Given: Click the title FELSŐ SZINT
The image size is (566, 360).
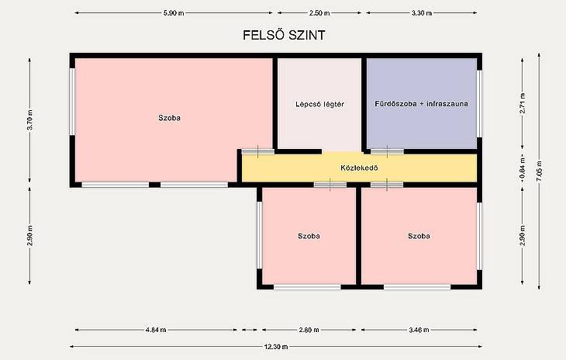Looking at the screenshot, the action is [x=284, y=35].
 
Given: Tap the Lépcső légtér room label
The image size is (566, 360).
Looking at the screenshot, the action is [x=319, y=104].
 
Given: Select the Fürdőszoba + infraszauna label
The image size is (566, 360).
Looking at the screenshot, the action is [x=421, y=104].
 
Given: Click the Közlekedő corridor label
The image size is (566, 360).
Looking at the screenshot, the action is [x=359, y=168].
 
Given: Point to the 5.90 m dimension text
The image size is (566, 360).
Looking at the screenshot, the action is [x=174, y=13].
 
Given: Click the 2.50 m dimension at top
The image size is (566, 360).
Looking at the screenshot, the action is [x=319, y=13].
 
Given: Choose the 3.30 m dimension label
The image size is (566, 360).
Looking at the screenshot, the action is [x=422, y=13].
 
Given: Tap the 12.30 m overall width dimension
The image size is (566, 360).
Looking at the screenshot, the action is [x=276, y=347].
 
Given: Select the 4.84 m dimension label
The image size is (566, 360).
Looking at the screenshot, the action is [x=156, y=330].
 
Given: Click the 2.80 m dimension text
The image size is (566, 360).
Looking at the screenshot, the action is [x=309, y=330].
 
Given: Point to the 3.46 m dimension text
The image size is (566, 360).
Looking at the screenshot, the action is [x=419, y=330].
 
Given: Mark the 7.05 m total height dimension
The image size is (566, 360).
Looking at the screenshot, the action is [x=540, y=171].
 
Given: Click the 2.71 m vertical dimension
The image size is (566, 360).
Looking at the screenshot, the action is [x=523, y=103].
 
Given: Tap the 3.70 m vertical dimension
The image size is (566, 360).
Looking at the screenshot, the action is [x=30, y=120].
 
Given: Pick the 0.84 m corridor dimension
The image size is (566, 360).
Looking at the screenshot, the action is [x=523, y=168].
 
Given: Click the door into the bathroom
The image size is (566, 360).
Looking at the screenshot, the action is [x=387, y=151].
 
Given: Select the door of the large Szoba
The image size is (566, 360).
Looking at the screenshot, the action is [x=257, y=151].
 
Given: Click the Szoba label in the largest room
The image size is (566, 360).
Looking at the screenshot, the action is [x=169, y=118].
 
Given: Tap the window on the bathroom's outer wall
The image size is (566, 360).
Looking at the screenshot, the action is [x=479, y=104].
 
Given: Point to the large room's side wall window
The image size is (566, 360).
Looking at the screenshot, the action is [x=72, y=102].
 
